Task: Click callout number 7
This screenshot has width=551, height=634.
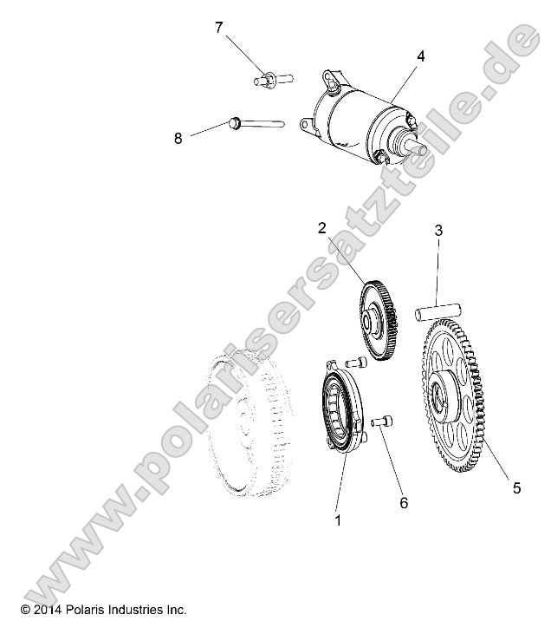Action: coord(219,29)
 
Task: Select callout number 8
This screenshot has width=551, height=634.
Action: coord(178,138)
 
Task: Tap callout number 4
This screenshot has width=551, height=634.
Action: coord(420,56)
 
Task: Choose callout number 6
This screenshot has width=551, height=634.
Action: coord(402,502)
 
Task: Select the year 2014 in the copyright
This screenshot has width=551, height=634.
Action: coord(49,610)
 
